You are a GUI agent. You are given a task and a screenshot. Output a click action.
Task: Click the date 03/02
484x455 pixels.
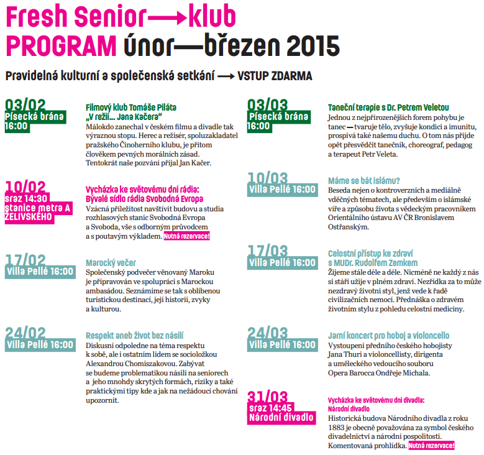[25, 104]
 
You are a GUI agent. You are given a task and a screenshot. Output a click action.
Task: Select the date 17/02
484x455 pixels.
[25, 260]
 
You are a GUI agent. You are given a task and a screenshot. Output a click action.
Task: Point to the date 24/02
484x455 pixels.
[25, 333]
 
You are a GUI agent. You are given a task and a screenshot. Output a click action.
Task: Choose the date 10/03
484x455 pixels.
[267, 178]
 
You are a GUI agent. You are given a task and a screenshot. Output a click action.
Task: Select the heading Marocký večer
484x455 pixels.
[111, 263]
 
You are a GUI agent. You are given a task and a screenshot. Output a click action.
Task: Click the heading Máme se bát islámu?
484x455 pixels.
[364, 180]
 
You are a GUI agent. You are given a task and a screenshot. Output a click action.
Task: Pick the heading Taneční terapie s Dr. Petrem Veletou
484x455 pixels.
[388, 108]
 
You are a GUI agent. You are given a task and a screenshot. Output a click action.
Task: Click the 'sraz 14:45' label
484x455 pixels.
[270, 408]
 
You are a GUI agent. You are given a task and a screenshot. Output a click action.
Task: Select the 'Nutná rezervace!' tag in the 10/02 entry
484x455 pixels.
[187, 236]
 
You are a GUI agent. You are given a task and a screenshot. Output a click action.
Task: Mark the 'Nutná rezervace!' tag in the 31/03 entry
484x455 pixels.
[431, 446]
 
